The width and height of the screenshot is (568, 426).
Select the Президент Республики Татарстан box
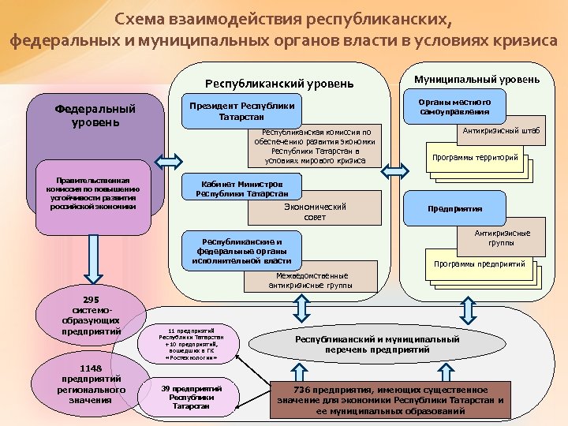[x=238, y=111]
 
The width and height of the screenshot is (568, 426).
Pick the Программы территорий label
[x=474, y=158]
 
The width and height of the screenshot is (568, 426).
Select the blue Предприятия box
[x=454, y=209]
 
